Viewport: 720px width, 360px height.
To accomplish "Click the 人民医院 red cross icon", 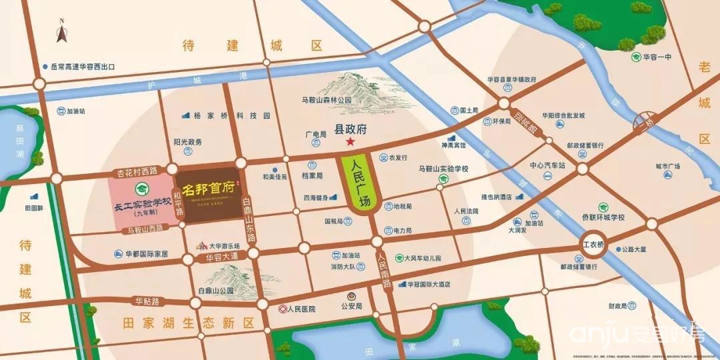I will [x=283, y=309].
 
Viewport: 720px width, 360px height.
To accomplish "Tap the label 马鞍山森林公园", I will [x=327, y=101].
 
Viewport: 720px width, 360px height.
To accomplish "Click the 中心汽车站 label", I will [x=547, y=165].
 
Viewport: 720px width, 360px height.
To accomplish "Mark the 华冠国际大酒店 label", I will [x=429, y=284].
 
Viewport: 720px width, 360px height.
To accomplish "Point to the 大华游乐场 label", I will [x=224, y=245].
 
